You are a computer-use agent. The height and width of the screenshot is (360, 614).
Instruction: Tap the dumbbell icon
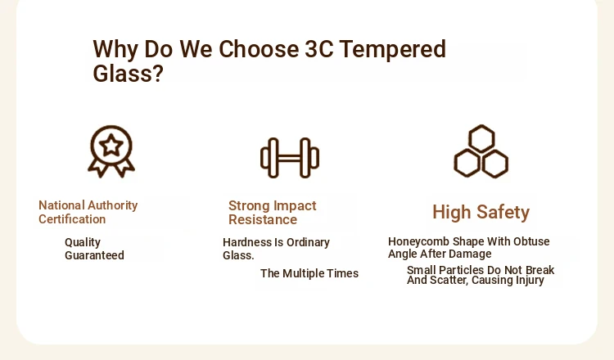(290, 158)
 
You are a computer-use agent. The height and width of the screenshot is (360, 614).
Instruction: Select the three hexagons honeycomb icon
(481, 151)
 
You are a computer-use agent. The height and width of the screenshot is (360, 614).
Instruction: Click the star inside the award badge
(111, 145)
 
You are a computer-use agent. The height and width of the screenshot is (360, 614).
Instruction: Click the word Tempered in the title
(393, 49)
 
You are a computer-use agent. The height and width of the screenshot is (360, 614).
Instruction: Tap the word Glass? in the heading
(128, 73)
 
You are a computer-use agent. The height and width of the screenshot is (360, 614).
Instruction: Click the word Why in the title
(115, 50)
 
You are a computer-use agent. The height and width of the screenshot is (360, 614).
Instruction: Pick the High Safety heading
(481, 213)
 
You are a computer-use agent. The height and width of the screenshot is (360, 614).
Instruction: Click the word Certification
(72, 219)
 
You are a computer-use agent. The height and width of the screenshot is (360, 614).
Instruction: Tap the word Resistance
(263, 219)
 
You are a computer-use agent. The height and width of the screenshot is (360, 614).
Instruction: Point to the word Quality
(83, 243)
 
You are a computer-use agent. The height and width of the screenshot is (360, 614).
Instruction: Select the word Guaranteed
(94, 255)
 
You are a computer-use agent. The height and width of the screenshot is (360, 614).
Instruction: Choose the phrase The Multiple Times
(309, 273)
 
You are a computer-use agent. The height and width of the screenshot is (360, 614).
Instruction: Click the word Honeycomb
(418, 242)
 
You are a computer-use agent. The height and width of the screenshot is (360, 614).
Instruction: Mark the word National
(61, 205)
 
